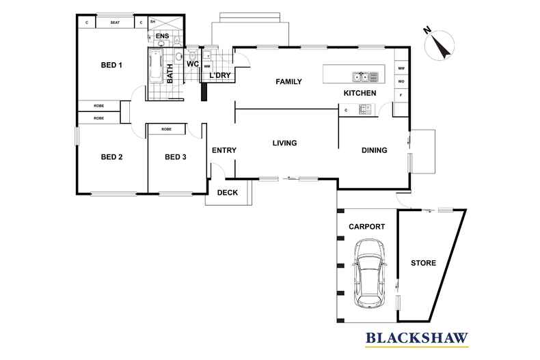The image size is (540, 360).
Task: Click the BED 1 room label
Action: pos(111,66)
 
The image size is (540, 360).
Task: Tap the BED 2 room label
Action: pos(111,157)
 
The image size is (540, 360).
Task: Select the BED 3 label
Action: pos(176,157)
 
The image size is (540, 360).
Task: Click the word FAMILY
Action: pos(288,82)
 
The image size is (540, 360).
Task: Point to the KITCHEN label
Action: pos(360,93)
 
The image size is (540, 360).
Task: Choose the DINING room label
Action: pos(374,150)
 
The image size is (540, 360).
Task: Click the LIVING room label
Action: pos(284,143)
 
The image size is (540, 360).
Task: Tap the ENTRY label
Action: pos(224,150)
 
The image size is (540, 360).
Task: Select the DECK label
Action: pos(228,193)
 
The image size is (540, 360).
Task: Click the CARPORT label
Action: pos(366,227)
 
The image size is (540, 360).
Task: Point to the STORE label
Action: pos(423,263)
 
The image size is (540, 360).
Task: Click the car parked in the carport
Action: pos(368,273)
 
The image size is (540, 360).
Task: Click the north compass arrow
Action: pos(440,44)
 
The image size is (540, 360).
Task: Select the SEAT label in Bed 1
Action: pos(115,23)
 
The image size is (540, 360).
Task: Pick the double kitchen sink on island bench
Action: pos(361,76)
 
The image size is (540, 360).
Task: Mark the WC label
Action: pos(192,64)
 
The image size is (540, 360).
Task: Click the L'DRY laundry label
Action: pos(219,75)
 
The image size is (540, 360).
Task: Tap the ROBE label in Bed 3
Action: pos(166,128)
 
